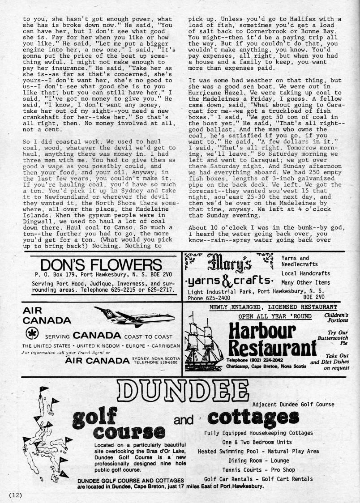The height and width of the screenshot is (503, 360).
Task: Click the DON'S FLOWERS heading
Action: (100, 264)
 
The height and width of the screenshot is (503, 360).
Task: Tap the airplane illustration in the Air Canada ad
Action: (134, 317)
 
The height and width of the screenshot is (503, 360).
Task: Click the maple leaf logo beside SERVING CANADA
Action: (31, 334)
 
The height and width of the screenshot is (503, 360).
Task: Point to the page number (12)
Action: (15, 494)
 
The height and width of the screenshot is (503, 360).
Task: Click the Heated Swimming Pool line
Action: (258, 452)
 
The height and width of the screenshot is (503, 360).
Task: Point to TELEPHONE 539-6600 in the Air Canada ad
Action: (155, 362)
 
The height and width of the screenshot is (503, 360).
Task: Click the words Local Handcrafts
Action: (305, 273)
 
